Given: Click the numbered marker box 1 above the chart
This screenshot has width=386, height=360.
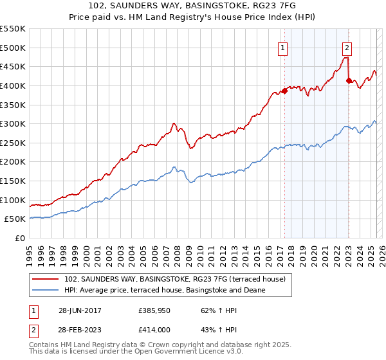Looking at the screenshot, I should (x=283, y=46).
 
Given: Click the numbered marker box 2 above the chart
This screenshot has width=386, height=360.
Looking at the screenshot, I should (x=347, y=46).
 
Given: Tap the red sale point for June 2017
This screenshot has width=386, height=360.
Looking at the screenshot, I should (x=284, y=91).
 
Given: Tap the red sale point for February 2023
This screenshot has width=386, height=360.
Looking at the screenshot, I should (x=349, y=80).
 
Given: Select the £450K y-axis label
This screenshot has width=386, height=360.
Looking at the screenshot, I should (x=13, y=66).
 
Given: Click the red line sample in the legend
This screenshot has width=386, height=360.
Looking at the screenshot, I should (x=46, y=279).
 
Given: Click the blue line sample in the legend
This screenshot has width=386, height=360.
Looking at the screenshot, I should (x=46, y=290).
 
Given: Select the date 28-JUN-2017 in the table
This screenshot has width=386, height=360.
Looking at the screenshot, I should (x=80, y=310).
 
